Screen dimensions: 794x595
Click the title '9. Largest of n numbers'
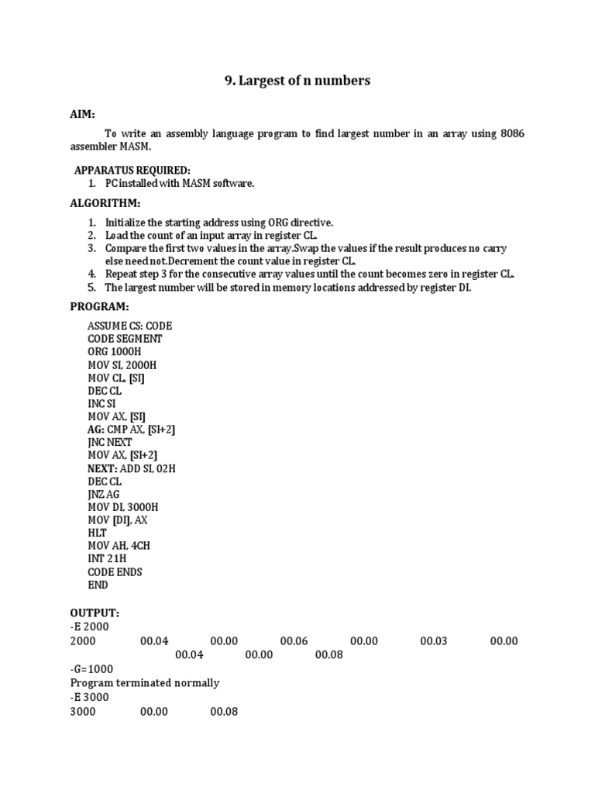[x=297, y=81]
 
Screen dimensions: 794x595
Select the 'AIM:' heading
[x=83, y=114]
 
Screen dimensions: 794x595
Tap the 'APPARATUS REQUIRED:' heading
[x=132, y=170]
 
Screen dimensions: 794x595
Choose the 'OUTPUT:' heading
[x=95, y=613]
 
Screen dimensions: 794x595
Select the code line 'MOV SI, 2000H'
[x=124, y=365]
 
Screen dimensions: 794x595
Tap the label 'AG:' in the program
[x=95, y=430]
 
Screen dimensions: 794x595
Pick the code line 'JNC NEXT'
[x=110, y=443]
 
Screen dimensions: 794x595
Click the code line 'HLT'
[x=97, y=533]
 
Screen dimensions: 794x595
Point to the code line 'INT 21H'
[x=108, y=559]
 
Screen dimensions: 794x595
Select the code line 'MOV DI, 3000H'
[x=123, y=507]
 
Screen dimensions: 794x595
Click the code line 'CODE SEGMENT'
[x=125, y=339]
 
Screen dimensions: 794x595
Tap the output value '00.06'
[x=294, y=641]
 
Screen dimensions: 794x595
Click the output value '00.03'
[x=435, y=641]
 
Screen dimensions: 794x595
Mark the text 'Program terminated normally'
[x=145, y=683]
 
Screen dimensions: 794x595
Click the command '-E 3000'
[x=89, y=697]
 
